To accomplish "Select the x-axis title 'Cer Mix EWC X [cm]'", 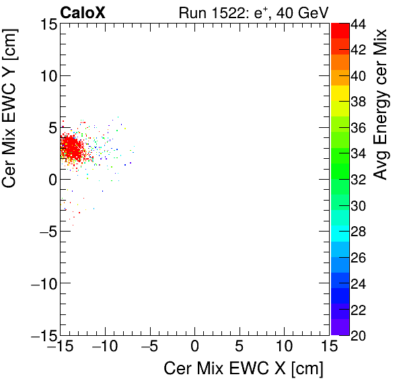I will tap(244, 369).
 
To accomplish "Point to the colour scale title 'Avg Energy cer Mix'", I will tap(381, 105).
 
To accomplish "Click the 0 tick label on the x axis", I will tap(194, 347).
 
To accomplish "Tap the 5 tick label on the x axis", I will tap(240, 347).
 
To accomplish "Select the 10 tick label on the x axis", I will tap(284, 347).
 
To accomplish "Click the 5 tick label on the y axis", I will tap(50, 128).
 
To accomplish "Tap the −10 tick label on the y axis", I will tap(42, 283).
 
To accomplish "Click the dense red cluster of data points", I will tap(70, 148).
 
